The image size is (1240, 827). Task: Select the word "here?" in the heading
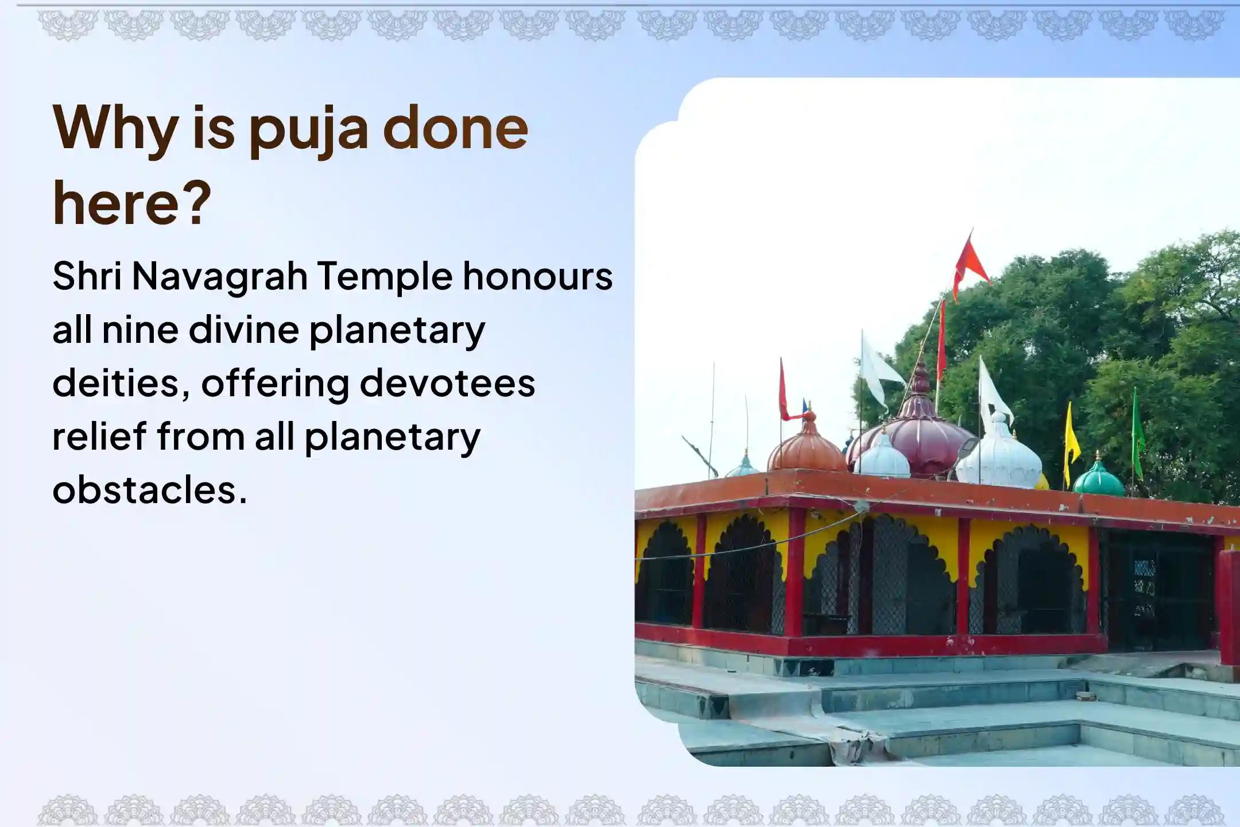click(133, 204)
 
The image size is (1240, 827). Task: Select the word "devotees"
click(447, 384)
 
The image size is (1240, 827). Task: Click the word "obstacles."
click(150, 490)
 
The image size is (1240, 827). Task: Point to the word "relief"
click(100, 436)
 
